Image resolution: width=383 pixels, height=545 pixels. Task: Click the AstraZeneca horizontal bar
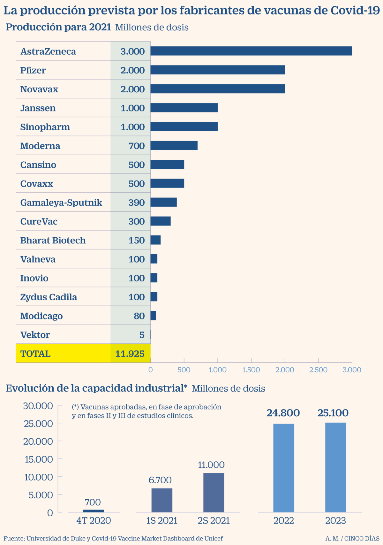(x=251, y=51)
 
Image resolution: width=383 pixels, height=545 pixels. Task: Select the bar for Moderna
(x=174, y=146)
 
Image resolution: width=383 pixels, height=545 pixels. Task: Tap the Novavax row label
(x=39, y=89)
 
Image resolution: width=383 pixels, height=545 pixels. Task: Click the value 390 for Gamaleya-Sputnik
(x=137, y=203)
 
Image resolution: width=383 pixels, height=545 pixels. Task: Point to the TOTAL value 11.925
(x=130, y=354)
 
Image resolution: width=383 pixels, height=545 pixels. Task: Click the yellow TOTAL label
(x=35, y=354)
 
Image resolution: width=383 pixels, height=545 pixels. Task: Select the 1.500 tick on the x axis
(x=251, y=370)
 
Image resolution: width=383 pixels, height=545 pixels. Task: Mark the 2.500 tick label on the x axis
(x=318, y=370)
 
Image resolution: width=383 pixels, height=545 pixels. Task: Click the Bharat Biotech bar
(x=155, y=240)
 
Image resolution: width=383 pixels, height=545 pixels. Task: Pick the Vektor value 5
(x=142, y=335)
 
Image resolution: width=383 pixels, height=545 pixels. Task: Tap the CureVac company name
(x=39, y=221)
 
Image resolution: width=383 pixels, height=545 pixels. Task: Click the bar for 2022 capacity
(x=284, y=468)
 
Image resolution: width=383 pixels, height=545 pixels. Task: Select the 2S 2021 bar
(x=214, y=493)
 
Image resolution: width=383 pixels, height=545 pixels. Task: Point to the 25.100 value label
(x=333, y=413)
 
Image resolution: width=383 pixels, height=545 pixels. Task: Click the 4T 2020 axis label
(x=94, y=521)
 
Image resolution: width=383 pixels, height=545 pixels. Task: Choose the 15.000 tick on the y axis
(x=39, y=459)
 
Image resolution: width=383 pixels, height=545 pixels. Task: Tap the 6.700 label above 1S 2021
(x=160, y=480)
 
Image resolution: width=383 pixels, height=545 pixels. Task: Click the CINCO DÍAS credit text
(x=362, y=538)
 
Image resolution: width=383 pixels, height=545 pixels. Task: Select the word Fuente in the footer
(x=14, y=538)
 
